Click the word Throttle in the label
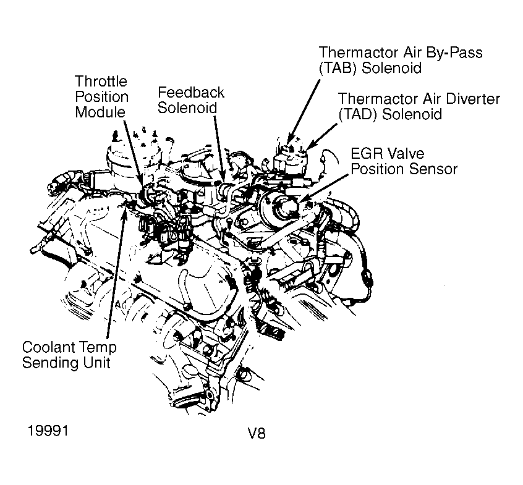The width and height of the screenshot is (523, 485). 101,82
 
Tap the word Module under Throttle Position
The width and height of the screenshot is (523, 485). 100,112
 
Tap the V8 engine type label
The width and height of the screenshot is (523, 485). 254,432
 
